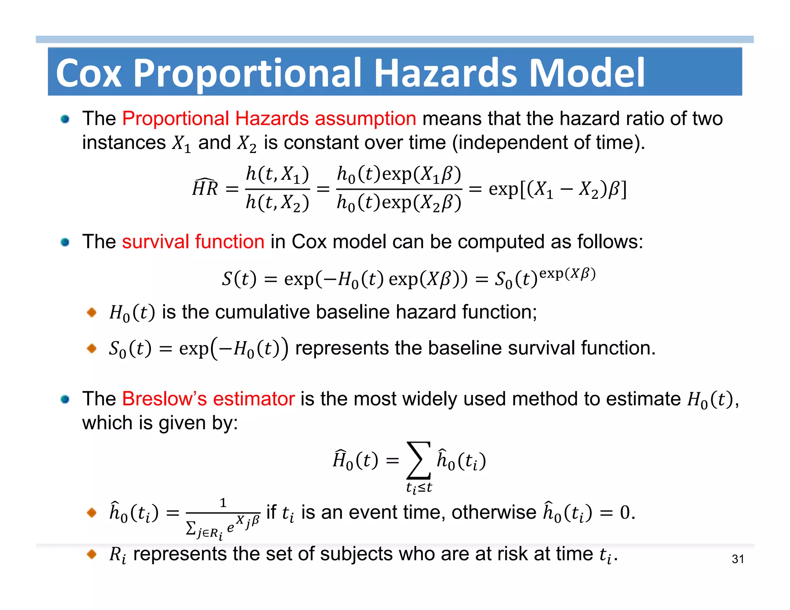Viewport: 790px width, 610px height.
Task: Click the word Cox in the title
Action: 89,73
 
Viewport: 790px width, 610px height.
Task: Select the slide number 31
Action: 738,559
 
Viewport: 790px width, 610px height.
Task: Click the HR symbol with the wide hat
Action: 205,188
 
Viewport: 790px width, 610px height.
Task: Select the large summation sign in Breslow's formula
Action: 419,460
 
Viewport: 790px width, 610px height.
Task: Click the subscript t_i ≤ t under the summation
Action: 419,488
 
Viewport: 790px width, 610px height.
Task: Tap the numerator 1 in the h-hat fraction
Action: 223,503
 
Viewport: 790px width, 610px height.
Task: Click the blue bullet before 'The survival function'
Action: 65,242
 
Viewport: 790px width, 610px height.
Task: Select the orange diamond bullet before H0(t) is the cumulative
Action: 92,312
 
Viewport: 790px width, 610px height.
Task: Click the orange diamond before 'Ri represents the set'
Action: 92,554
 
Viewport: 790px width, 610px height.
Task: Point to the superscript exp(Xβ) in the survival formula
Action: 567,273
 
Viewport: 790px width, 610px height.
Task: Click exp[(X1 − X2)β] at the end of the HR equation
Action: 557,189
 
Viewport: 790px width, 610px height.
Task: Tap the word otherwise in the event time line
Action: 494,512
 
